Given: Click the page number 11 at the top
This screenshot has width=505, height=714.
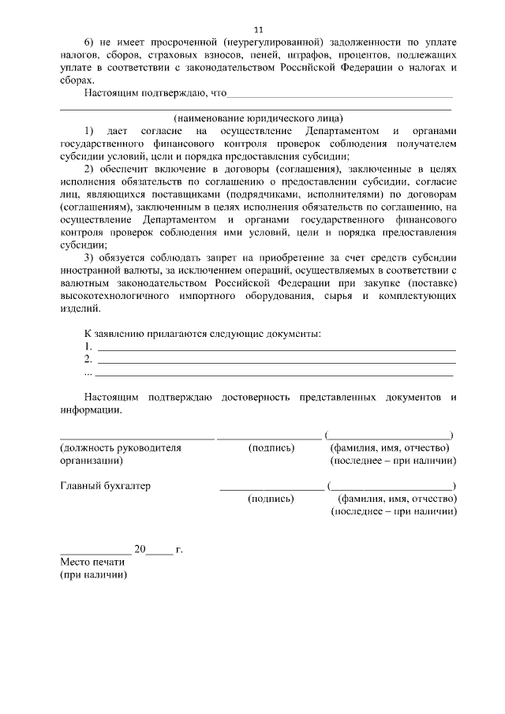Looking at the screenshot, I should (259, 28).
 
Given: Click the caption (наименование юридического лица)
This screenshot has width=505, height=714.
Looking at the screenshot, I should (259, 118).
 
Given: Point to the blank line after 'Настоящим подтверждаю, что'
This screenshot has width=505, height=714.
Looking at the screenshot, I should (339, 95).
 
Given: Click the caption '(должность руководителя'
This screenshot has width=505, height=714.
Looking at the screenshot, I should (121, 448).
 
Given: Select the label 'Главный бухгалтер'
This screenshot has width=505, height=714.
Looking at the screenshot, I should (105, 486).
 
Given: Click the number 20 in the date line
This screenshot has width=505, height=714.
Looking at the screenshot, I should (140, 549).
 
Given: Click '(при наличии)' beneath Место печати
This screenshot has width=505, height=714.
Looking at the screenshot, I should (93, 575).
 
